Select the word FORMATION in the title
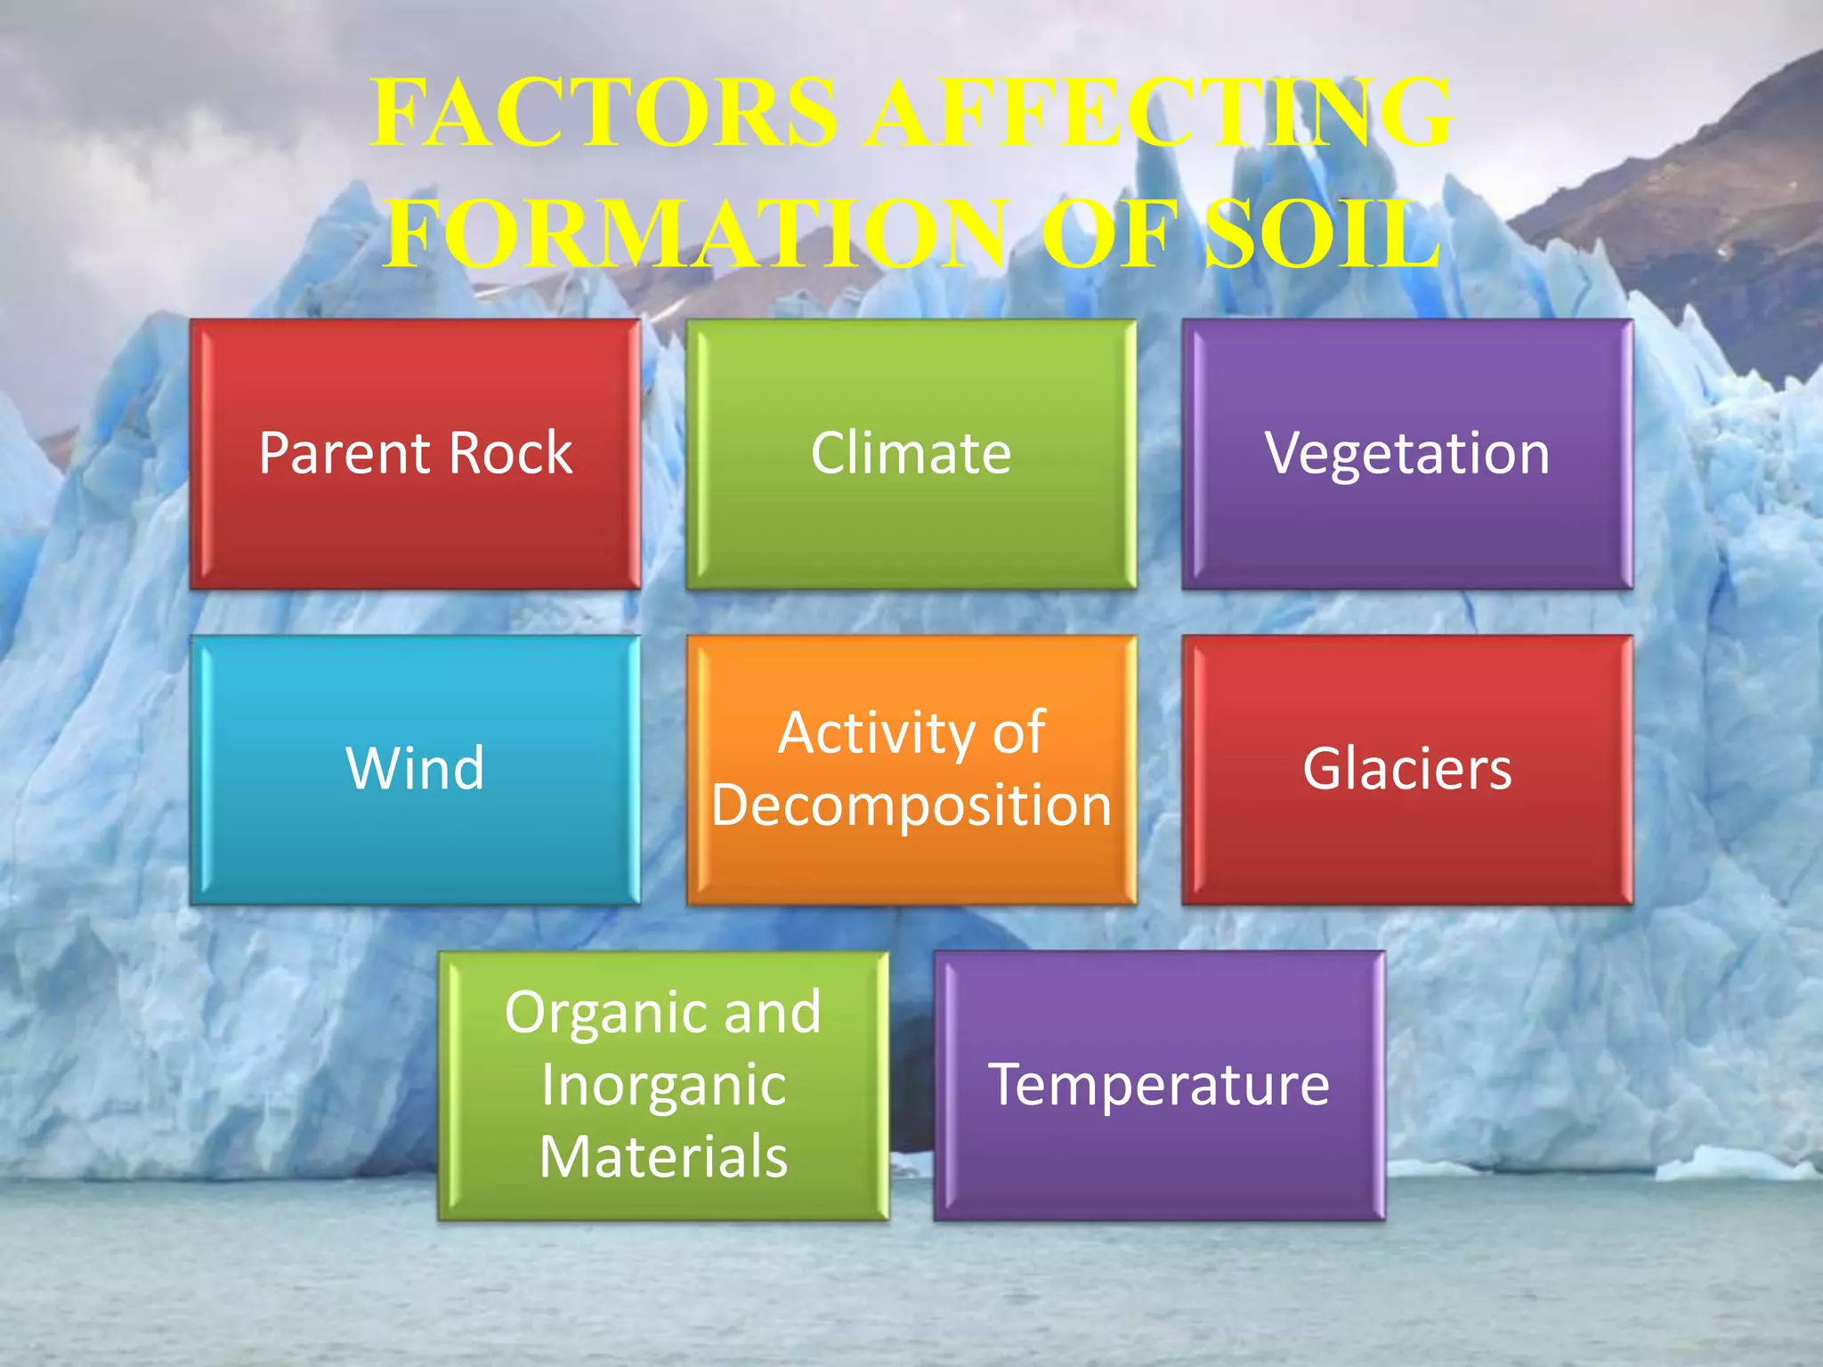[x=698, y=233]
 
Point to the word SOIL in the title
[x=1323, y=233]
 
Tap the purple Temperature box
[x=1159, y=1157]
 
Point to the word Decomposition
[x=911, y=806]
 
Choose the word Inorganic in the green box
[x=664, y=1087]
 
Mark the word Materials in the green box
[x=664, y=1157]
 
